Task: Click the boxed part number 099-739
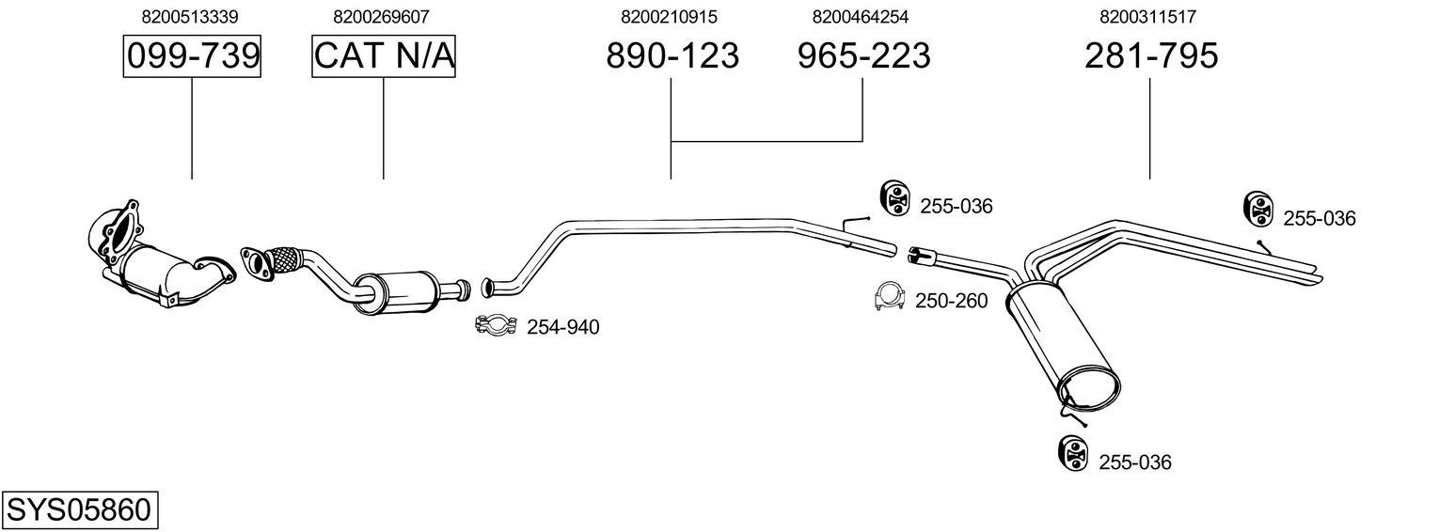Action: click(192, 56)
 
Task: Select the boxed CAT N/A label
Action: click(384, 56)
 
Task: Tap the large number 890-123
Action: click(672, 56)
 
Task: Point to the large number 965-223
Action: click(863, 56)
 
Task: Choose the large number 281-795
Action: click(1150, 56)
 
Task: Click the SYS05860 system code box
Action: click(79, 510)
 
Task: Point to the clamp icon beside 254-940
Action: click(496, 325)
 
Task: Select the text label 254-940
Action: click(562, 327)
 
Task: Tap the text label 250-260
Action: click(952, 301)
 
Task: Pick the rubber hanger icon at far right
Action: click(1257, 209)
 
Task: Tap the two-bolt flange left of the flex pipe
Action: click(255, 260)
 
